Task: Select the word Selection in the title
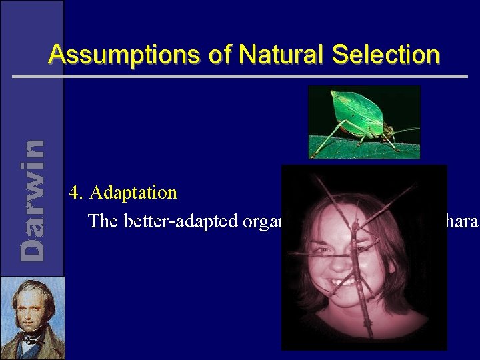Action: tap(387, 55)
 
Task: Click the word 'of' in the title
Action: tap(219, 55)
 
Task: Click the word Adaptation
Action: tap(133, 193)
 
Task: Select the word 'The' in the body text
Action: tap(102, 221)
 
